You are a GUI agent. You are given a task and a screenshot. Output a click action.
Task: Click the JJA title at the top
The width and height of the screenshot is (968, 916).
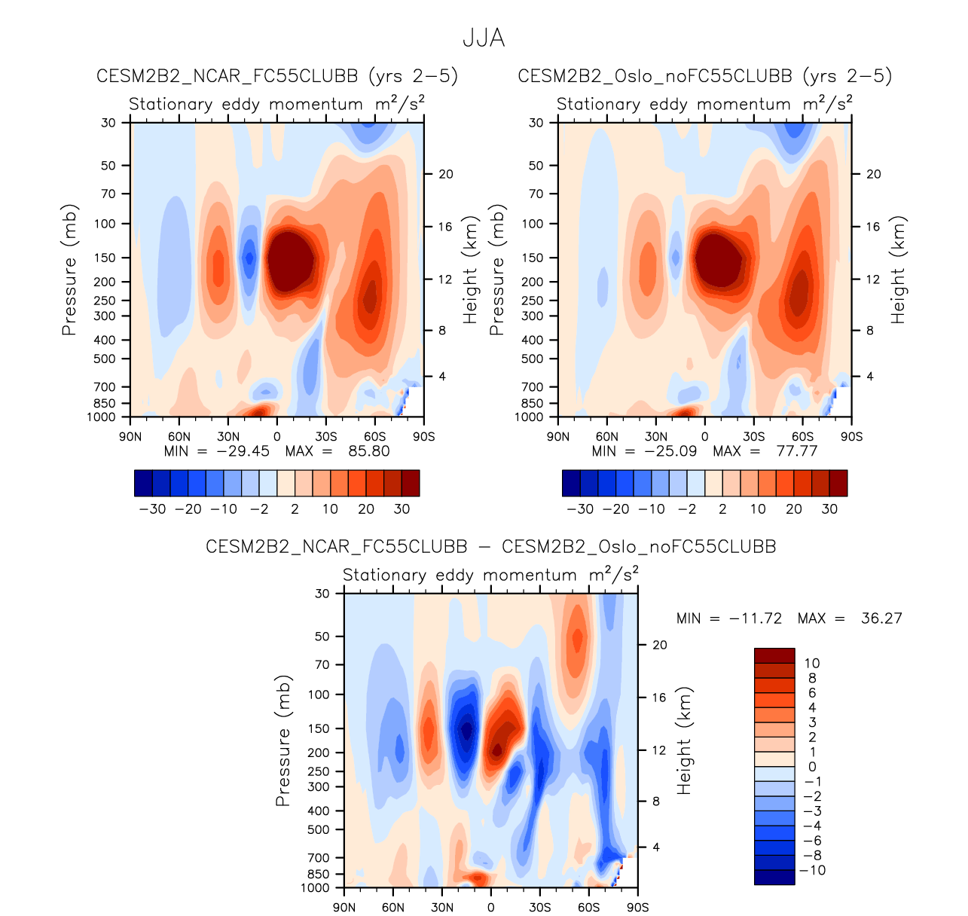tap(483, 38)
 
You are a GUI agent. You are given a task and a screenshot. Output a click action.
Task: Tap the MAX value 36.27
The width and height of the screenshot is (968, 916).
tap(881, 618)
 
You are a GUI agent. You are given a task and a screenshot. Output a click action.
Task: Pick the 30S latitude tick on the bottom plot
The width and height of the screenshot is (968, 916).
tap(539, 907)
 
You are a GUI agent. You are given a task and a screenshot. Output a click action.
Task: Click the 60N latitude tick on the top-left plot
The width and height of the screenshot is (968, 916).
tap(179, 437)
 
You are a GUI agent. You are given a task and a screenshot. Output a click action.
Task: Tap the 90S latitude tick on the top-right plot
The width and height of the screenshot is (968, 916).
tap(851, 437)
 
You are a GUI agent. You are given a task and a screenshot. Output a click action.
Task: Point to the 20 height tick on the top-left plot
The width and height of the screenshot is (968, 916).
tap(446, 174)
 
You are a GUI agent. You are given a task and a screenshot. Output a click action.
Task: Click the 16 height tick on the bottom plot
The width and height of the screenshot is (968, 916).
tap(659, 698)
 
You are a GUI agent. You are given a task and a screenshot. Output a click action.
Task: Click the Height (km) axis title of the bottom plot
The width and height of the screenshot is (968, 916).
tap(684, 740)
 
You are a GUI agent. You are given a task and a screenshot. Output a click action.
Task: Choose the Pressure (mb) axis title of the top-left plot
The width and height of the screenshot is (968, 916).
tap(69, 270)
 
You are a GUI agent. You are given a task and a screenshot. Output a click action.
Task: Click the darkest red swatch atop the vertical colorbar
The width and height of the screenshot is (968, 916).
tap(774, 655)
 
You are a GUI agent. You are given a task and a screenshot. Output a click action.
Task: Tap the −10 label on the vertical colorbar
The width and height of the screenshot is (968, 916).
tap(811, 871)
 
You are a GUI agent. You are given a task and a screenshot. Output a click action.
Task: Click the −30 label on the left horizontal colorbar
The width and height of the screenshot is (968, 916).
tap(152, 509)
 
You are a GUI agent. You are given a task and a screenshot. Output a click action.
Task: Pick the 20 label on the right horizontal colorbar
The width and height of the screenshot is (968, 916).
tap(793, 509)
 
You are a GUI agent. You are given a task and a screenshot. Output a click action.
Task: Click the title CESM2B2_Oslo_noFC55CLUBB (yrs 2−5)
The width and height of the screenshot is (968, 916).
tap(704, 76)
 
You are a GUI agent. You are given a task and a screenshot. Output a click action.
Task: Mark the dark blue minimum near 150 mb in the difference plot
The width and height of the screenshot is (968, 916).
tap(467, 729)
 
